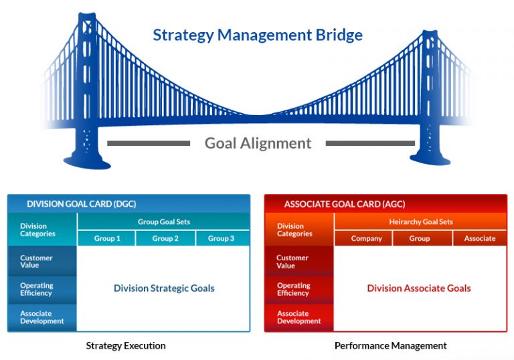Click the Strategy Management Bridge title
[x=258, y=35]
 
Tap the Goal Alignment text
[x=258, y=143]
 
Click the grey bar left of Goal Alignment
[x=149, y=143]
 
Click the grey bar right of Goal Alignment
[x=366, y=143]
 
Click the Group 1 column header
[x=106, y=238]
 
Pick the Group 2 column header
[x=165, y=238]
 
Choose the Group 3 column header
[x=222, y=238]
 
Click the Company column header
[x=367, y=238]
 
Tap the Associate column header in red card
[x=480, y=238]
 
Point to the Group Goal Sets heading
[x=163, y=221]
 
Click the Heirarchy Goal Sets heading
[x=421, y=221]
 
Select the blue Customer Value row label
[x=41, y=261]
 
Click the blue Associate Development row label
[x=42, y=317]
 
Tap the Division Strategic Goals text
[x=164, y=288]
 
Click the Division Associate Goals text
[x=419, y=288]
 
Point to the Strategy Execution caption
[x=126, y=346]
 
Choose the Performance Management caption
[x=390, y=346]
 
